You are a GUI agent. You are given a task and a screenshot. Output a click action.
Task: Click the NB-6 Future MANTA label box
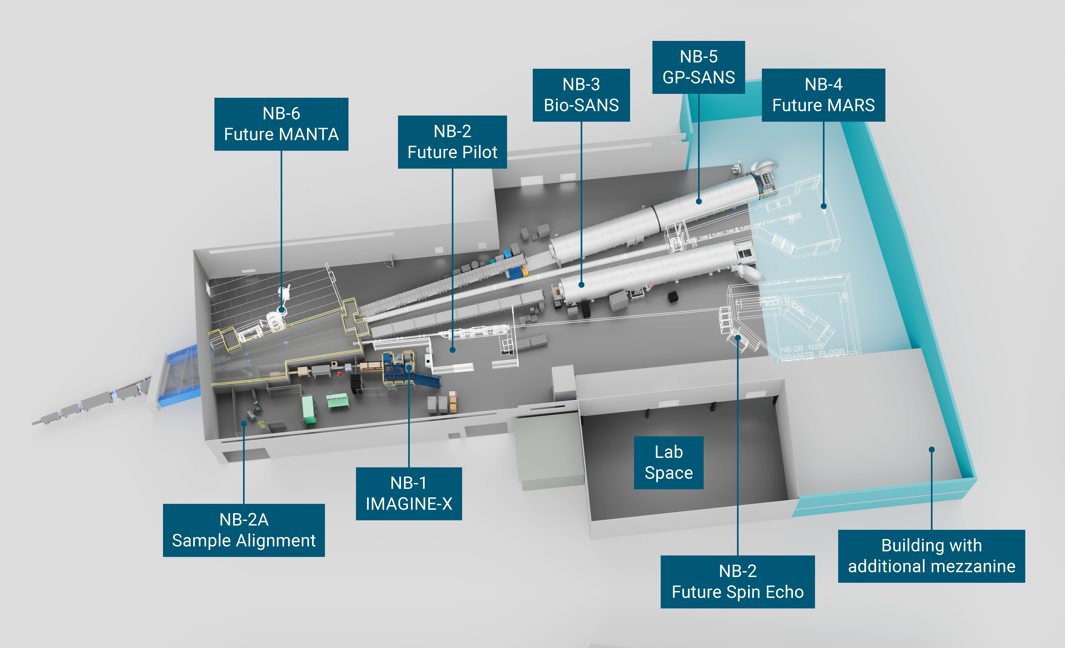tap(281, 124)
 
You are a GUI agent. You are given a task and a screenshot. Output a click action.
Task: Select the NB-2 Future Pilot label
tap(452, 142)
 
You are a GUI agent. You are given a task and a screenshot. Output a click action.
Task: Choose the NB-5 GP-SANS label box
tap(699, 67)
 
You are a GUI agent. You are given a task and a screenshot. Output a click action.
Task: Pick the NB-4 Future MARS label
tap(823, 95)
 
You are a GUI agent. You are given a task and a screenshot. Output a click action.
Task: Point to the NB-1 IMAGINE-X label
tap(408, 493)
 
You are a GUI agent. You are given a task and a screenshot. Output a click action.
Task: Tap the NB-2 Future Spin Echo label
tap(737, 581)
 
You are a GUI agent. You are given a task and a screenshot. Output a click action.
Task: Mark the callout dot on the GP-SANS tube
tap(699, 201)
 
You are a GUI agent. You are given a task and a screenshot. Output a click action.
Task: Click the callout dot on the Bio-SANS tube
tap(581, 285)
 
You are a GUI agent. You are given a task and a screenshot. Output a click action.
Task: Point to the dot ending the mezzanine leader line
tap(931, 450)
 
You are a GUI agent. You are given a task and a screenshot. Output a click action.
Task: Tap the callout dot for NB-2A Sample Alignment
tap(244, 424)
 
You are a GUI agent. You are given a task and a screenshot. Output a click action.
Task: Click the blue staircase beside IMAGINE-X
tap(426, 380)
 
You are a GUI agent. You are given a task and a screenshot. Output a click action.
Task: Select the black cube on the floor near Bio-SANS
tap(673, 297)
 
